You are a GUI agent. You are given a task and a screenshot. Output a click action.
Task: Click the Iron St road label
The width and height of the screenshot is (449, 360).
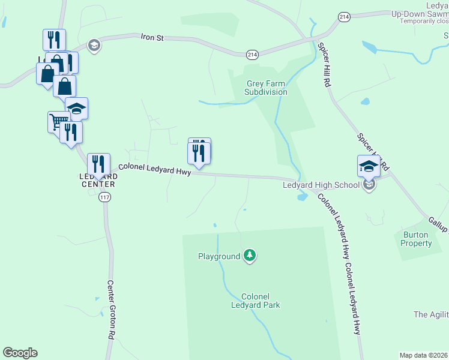click(x=152, y=37)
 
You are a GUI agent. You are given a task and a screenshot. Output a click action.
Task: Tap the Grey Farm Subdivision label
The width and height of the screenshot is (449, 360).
click(x=266, y=88)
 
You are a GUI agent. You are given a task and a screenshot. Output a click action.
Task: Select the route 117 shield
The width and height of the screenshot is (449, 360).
click(x=106, y=197)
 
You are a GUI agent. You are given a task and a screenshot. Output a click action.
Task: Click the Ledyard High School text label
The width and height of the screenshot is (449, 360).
click(x=321, y=185)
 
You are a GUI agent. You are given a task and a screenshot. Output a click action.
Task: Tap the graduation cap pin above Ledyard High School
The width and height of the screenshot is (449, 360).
click(x=369, y=166)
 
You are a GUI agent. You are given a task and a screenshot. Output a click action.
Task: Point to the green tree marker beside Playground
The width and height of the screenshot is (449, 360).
click(x=250, y=256)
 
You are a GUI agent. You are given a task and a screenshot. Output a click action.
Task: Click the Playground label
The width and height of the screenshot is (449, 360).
click(x=219, y=256)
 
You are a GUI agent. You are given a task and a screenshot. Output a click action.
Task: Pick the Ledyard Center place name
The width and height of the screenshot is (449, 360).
click(x=97, y=180)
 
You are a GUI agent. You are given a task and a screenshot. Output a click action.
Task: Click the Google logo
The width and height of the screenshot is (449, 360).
click(x=20, y=353)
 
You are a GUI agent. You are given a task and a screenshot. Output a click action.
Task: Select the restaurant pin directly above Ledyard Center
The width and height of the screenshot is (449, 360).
click(x=98, y=164)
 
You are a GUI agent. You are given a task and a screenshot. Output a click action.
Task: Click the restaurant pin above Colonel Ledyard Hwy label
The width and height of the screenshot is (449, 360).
click(x=199, y=153)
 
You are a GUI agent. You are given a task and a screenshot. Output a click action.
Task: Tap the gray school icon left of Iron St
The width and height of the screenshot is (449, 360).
click(x=93, y=44)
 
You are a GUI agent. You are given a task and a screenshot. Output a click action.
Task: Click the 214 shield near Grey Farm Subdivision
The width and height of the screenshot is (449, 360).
click(x=252, y=55)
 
